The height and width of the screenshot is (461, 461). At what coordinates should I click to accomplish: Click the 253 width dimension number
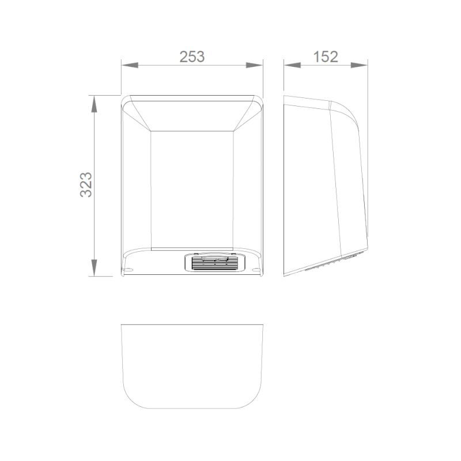pyautogui.click(x=192, y=56)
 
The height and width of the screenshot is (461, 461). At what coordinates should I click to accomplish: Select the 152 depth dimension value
pyautogui.click(x=325, y=56)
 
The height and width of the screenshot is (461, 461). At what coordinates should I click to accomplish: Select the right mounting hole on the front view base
pyautogui.click(x=255, y=269)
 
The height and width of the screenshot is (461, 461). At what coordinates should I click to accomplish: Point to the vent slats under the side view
pyautogui.click(x=331, y=265)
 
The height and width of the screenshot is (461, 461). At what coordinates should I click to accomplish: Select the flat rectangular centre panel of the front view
pyautogui.click(x=192, y=190)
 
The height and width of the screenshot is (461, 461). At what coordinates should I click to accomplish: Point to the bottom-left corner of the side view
pyautogui.click(x=285, y=275)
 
